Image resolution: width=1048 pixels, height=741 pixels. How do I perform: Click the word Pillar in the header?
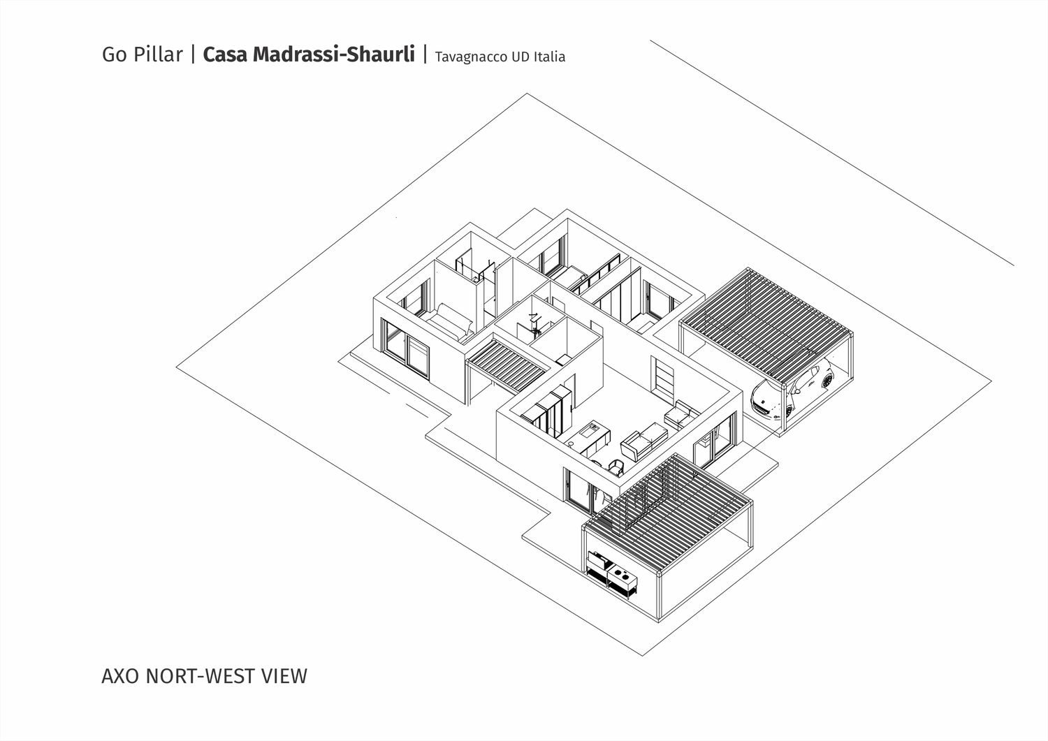click(158, 54)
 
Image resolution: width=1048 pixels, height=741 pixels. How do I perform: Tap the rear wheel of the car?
click(827, 381)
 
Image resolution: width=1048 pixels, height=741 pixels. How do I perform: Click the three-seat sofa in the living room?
click(643, 440)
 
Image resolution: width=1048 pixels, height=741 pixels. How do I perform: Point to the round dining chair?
click(616, 467)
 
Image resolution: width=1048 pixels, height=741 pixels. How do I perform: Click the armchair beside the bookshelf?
click(681, 414)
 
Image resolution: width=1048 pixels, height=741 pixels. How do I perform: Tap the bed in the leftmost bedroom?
click(447, 322)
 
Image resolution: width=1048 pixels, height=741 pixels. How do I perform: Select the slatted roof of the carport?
click(766, 323)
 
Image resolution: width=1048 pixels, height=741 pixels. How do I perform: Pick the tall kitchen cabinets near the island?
click(547, 411)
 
